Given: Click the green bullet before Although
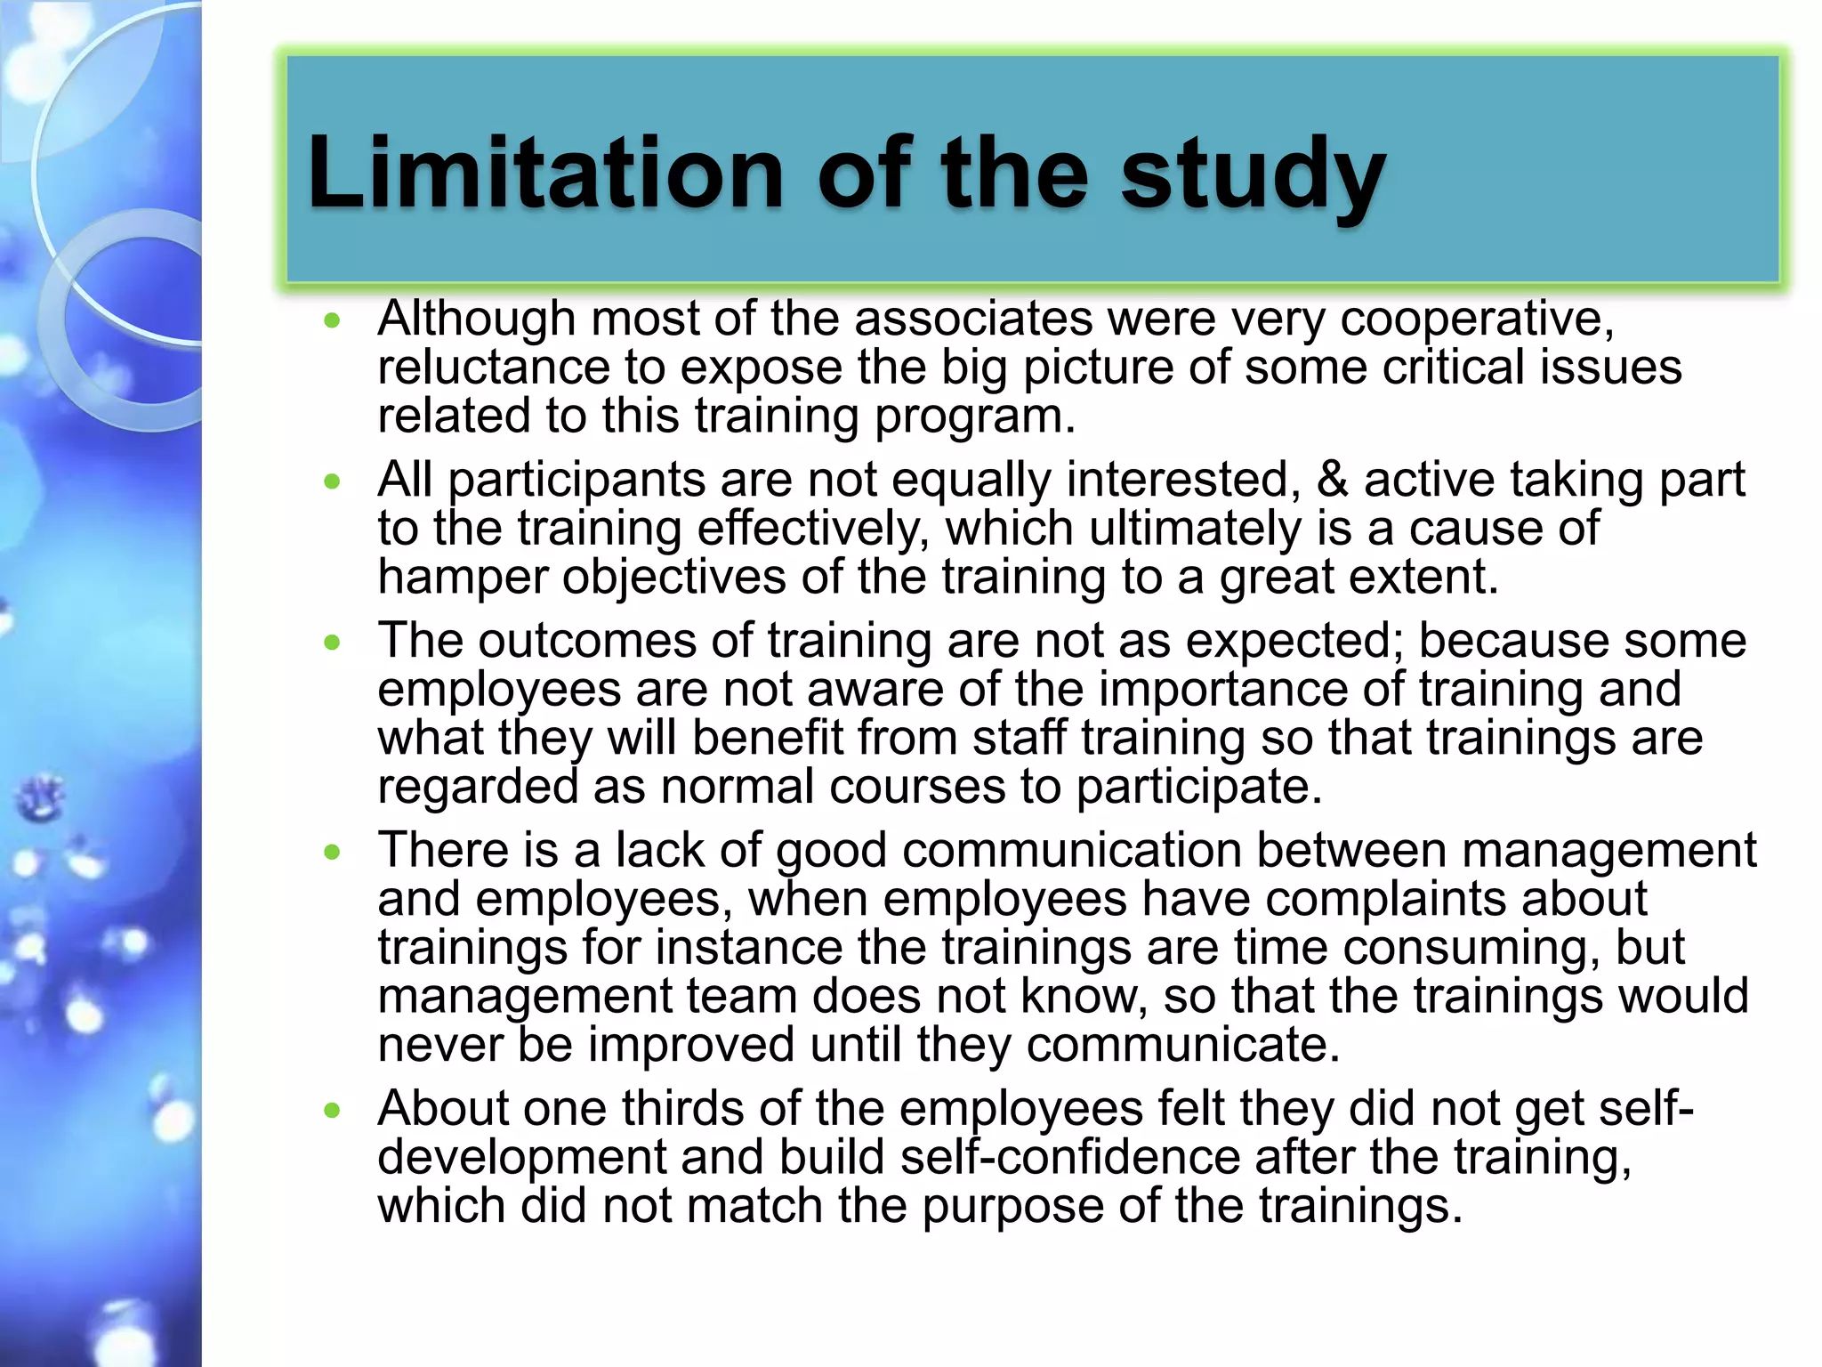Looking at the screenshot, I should tap(333, 321).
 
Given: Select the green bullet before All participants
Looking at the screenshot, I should tap(333, 482).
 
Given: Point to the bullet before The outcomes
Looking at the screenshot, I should tap(333, 643).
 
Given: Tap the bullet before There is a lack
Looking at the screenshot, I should tap(333, 853).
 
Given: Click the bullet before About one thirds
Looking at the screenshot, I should tap(333, 1110).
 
